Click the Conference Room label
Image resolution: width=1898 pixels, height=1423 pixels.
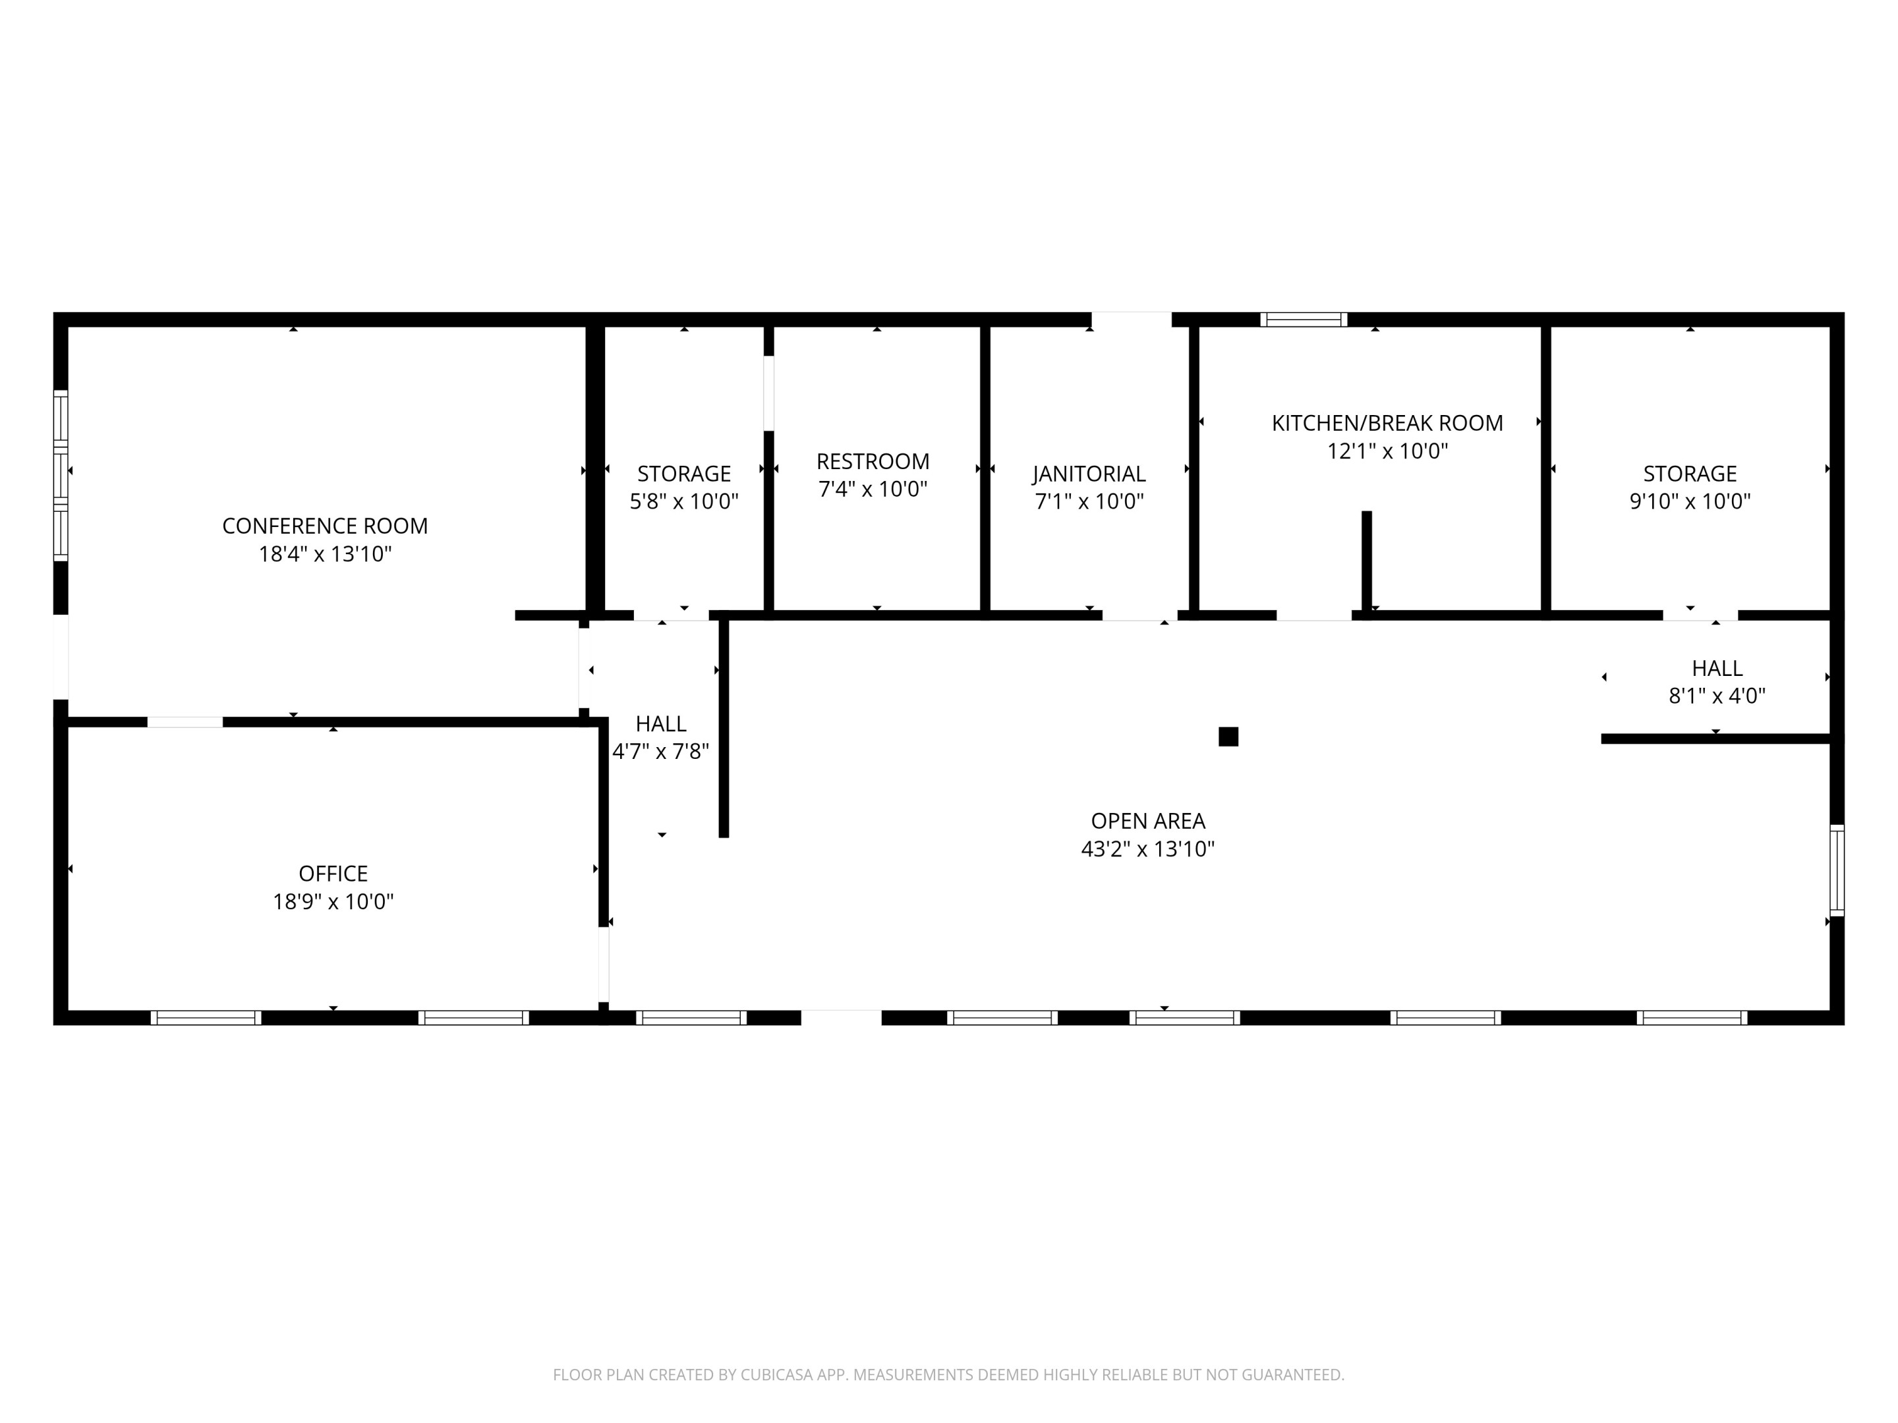tap(324, 526)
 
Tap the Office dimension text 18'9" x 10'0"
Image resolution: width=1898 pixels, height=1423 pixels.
tap(333, 901)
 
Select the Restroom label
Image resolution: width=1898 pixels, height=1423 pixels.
tap(873, 461)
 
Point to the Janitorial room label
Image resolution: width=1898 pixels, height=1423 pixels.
tap(1089, 474)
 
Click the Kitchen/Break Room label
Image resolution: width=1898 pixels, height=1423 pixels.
tap(1387, 423)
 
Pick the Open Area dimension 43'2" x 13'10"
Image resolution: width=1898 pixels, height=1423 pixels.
tap(1148, 849)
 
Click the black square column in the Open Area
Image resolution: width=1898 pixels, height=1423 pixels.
tap(1228, 737)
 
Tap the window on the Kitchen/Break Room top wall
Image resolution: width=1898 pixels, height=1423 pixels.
tap(1304, 320)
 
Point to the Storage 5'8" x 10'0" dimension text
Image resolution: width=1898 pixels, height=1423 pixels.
tap(684, 502)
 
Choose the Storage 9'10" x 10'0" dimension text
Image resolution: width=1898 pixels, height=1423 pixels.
tap(1690, 502)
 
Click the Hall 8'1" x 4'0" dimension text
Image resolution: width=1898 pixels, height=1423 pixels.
tap(1717, 696)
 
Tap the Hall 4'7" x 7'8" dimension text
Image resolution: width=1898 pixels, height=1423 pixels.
tap(661, 752)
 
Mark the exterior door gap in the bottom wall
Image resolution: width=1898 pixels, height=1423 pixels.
tap(841, 1017)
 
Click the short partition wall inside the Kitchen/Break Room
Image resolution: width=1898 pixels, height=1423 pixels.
tap(1367, 561)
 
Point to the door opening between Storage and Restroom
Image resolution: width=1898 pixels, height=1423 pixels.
tap(769, 393)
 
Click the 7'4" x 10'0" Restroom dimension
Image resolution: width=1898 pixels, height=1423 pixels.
tap(873, 489)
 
